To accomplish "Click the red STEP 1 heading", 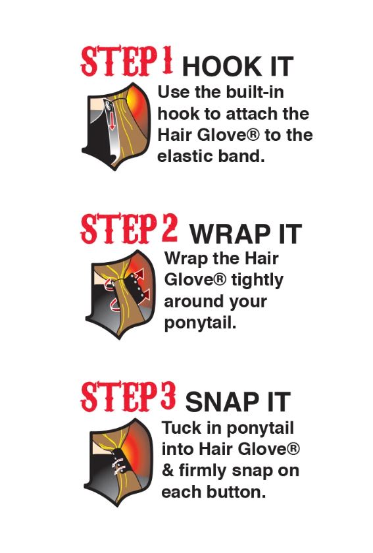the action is coord(127,61).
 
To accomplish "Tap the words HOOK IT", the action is coord(237,66).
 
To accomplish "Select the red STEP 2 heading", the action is coord(129,228).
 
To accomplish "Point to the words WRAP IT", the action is coord(246,234).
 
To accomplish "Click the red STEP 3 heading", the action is coord(128,396).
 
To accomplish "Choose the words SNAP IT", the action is coord(238,402).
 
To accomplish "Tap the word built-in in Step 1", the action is coord(255,92).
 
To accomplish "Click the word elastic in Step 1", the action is coord(185,156).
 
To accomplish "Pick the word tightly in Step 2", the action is coord(257,280).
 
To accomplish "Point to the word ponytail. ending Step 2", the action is coord(200,323).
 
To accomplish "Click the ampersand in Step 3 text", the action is coord(168,471).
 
